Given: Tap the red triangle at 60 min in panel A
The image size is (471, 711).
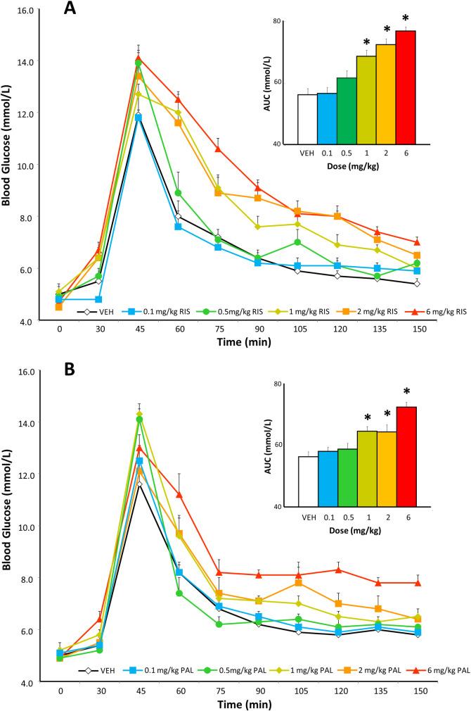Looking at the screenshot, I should [x=178, y=99].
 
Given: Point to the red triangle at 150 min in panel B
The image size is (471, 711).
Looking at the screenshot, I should [x=418, y=583].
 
